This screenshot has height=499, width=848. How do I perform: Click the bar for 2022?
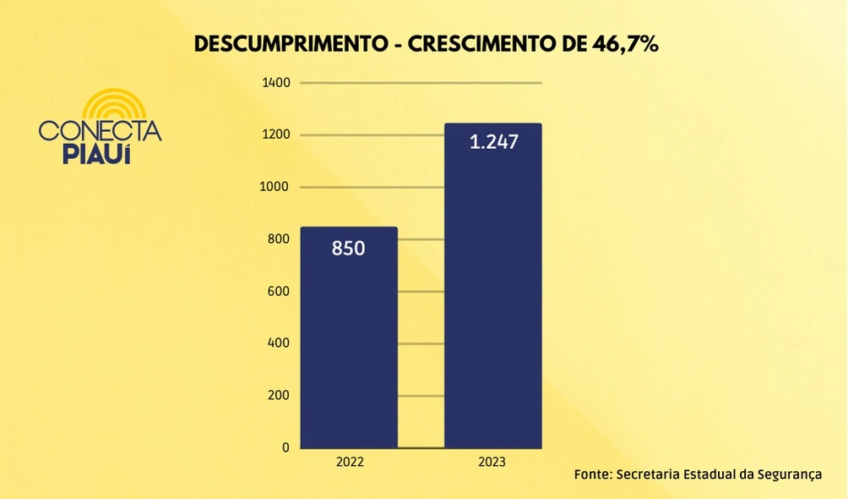pyautogui.click(x=349, y=338)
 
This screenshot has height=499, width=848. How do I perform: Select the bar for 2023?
pyautogui.click(x=492, y=288)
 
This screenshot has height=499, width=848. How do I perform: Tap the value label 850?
pyautogui.click(x=349, y=249)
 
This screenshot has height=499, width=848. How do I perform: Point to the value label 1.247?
pyautogui.click(x=493, y=142)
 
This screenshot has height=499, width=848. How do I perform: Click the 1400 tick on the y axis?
pyautogui.click(x=276, y=83)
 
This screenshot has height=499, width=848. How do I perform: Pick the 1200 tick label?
pyautogui.click(x=276, y=135)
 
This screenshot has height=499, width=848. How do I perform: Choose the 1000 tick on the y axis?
pyautogui.click(x=276, y=187)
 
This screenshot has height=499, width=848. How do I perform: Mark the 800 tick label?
pyautogui.click(x=279, y=239)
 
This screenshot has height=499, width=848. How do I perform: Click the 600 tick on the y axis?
pyautogui.click(x=279, y=292)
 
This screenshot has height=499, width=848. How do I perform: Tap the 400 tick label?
pyautogui.click(x=279, y=343)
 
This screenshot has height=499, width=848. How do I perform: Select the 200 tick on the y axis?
pyautogui.click(x=279, y=396)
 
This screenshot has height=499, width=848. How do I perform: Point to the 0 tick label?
pyautogui.click(x=285, y=447)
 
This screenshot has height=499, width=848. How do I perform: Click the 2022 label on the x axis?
pyautogui.click(x=350, y=463)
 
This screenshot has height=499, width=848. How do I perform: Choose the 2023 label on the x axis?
pyautogui.click(x=492, y=463)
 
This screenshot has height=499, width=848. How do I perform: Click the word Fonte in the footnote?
pyautogui.click(x=593, y=474)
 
